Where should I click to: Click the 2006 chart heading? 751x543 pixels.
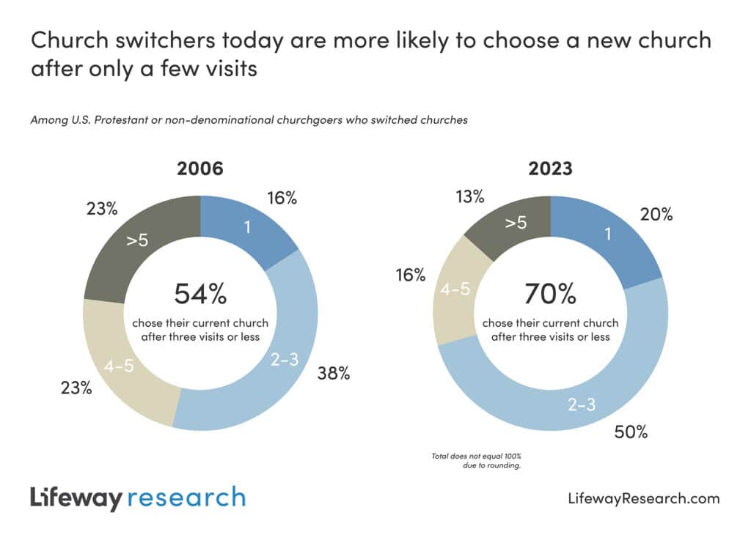[200, 169]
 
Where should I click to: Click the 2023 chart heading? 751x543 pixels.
[550, 169]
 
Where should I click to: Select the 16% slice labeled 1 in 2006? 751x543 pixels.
[246, 228]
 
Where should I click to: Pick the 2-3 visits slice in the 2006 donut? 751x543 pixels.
[282, 359]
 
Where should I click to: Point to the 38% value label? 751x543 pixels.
[334, 374]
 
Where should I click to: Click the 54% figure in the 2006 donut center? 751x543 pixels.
[200, 294]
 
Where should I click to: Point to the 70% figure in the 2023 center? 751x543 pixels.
[550, 294]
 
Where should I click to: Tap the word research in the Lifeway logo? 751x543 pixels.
[186, 498]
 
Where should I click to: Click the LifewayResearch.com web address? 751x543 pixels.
[644, 498]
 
